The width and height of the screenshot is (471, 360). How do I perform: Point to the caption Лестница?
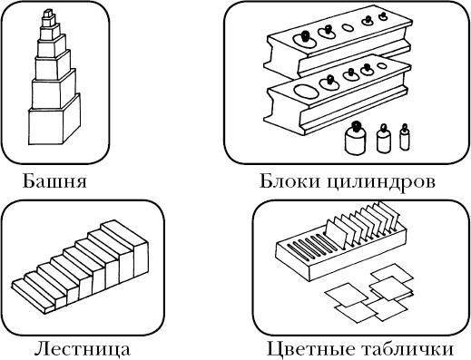(81, 348)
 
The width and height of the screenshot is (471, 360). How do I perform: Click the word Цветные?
(308, 348)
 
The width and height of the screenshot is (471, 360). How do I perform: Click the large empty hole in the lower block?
(307, 92)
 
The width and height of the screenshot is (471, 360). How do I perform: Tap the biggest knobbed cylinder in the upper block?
(305, 38)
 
